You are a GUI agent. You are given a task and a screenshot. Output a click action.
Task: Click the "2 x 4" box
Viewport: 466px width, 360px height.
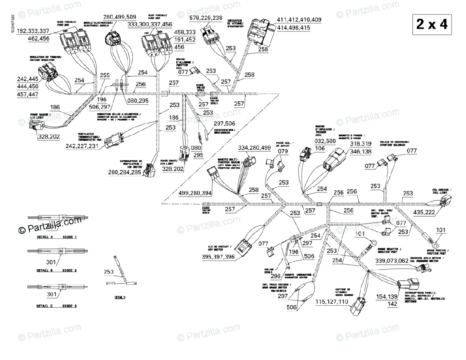tap(431, 24)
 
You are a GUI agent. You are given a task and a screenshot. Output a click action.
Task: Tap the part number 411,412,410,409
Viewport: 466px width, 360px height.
tap(299, 20)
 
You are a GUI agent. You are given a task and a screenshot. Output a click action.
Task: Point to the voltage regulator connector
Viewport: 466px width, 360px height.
tap(47, 73)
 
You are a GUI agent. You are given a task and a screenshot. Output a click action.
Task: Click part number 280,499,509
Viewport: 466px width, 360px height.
tap(119, 17)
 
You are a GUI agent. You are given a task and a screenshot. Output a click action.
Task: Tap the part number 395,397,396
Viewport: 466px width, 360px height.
tap(218, 257)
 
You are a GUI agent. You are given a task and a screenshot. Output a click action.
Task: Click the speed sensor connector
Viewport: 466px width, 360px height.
tap(358, 309)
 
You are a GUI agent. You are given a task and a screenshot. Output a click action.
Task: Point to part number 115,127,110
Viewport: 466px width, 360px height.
tap(332, 301)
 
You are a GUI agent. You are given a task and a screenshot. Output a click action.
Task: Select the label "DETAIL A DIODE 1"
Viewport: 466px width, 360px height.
tap(57, 237)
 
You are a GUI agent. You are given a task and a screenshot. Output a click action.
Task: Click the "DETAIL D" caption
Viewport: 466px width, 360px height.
tap(120, 297)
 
